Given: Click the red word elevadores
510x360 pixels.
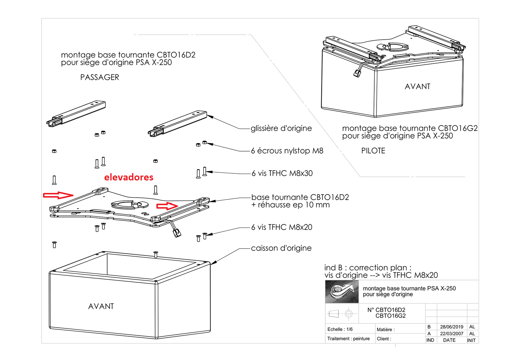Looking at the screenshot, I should coord(129,177).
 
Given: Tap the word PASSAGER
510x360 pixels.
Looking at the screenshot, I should coord(100,77).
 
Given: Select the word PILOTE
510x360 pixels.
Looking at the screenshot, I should coord(373,151).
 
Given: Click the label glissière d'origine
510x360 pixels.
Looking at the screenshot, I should coord(281,128).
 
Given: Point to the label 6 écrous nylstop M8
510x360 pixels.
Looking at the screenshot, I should coord(287,151).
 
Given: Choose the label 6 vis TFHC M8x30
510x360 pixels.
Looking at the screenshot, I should coord(282,173).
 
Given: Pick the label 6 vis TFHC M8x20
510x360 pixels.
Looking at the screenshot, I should coord(281,227).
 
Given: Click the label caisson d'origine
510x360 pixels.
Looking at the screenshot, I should coord(281,248).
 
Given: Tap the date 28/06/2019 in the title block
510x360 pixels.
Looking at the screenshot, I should coord(452,327).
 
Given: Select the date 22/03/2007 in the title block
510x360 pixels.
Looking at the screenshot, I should coord(452,334).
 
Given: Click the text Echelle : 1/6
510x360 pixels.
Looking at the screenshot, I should coord(340,329).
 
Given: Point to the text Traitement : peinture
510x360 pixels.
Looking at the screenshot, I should coord(348,338).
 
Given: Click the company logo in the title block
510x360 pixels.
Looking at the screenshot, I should coord(342,291).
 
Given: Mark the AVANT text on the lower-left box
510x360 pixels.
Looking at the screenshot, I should coord(101,306).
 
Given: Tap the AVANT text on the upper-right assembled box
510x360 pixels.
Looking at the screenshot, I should coord(417,87).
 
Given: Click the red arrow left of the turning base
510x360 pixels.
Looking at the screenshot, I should coord(58,195).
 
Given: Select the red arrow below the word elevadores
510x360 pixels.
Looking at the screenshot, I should coord(167,206).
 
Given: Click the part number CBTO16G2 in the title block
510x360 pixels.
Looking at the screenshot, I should coord(390,316).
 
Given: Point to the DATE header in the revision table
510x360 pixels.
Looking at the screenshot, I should coord(449,340).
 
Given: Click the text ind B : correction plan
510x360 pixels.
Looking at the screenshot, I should coord(368,268).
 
